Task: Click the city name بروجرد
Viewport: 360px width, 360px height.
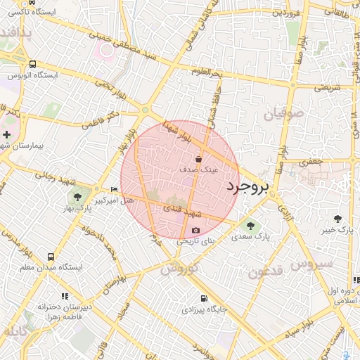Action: [x=248, y=187]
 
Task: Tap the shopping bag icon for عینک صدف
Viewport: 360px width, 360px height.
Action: [x=198, y=158]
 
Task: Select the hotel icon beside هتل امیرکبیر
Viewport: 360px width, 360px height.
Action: [x=115, y=190]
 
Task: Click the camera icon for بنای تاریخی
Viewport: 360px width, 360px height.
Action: [x=195, y=230]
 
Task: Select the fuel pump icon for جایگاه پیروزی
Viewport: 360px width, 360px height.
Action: [x=203, y=298]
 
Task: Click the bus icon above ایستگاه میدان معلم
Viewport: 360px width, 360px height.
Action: [x=51, y=257]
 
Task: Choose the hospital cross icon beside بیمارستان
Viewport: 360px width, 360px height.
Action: [x=6, y=134]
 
